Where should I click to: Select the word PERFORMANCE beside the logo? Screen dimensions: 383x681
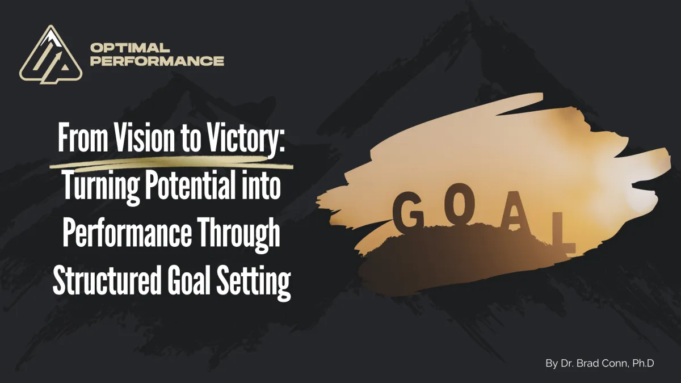[x=157, y=61]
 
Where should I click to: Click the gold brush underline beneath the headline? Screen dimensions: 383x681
[x=170, y=165]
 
